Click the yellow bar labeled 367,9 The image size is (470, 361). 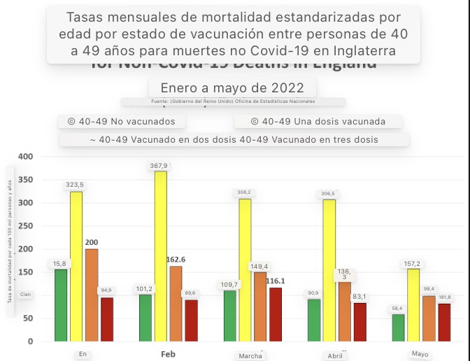pos(160,256)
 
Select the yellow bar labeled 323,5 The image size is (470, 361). pos(76,267)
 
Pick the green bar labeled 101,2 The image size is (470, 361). pos(145,318)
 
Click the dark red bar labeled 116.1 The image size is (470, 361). pos(276,314)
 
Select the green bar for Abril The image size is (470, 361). pos(314,320)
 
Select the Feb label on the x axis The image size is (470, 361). pos(168,354)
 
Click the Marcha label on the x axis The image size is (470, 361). pos(250,355)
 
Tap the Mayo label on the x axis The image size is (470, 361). pos(420,354)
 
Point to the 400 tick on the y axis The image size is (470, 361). pos(26,156)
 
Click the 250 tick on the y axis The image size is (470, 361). pos(26,226)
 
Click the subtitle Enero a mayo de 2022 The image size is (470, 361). pos(232,88)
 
